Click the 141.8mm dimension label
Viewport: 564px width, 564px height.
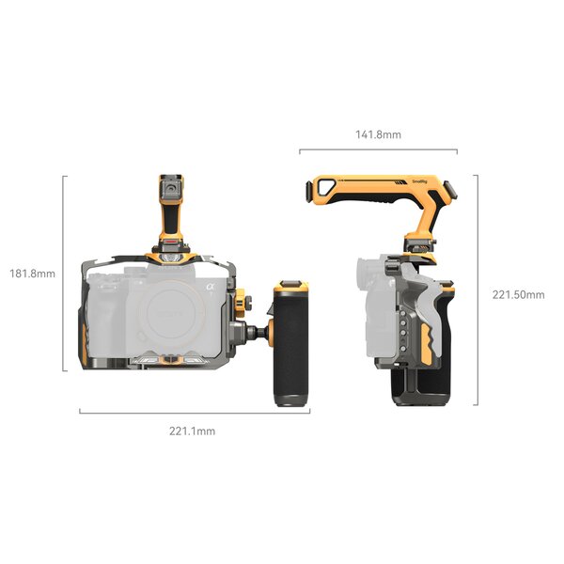click(x=378, y=134)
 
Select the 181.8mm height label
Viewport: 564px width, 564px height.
click(x=32, y=274)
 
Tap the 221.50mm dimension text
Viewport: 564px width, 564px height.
click(x=518, y=294)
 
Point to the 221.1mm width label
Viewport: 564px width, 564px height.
click(x=192, y=431)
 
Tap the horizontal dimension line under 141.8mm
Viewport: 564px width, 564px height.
click(x=378, y=150)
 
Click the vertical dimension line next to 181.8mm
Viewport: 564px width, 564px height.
click(x=65, y=274)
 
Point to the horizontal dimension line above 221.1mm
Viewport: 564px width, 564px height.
click(x=192, y=412)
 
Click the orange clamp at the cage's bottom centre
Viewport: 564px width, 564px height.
click(x=169, y=359)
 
